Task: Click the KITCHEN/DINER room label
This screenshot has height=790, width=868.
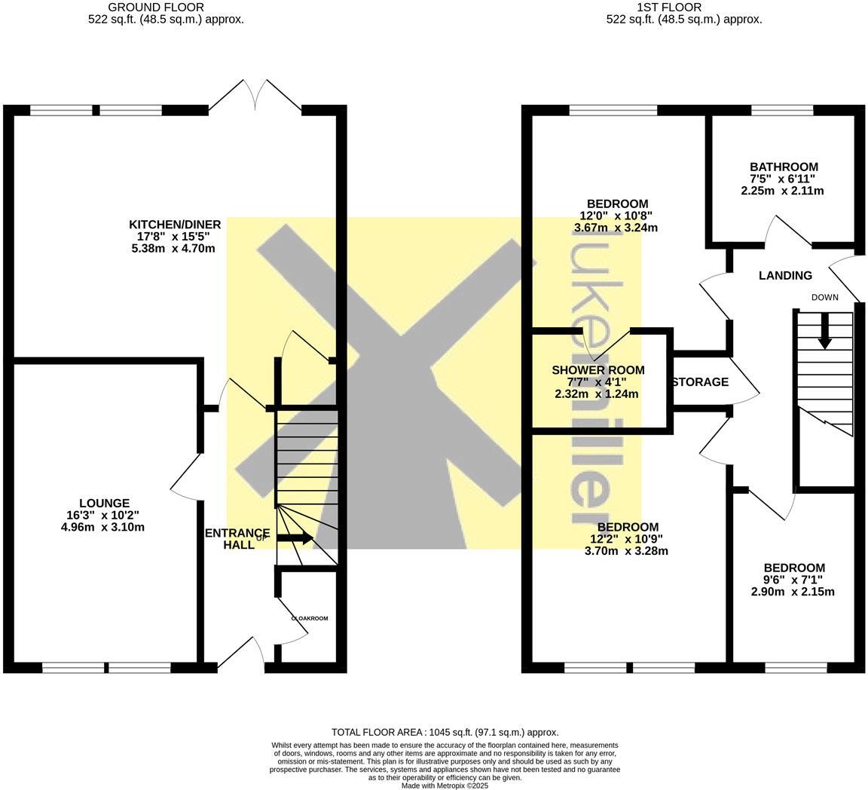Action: [175, 225]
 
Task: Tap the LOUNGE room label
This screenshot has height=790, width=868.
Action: [104, 504]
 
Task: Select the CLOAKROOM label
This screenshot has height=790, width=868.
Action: [310, 618]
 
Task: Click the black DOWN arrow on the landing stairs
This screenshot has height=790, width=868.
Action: [824, 332]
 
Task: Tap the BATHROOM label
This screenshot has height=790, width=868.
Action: [784, 167]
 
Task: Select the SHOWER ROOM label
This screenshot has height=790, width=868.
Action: [598, 370]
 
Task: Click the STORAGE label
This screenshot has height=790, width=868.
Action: [700, 382]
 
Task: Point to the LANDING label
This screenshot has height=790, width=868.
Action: [785, 276]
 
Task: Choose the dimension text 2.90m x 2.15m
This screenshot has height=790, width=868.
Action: [793, 592]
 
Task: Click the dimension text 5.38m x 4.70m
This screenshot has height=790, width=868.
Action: [175, 247]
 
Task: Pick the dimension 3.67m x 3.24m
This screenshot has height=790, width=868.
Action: [616, 227]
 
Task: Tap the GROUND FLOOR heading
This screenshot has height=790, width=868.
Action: [166, 8]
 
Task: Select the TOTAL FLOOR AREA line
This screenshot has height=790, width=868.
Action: [445, 732]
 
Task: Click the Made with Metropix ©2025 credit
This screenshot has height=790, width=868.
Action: [445, 785]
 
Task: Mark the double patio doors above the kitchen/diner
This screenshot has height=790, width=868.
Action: [255, 98]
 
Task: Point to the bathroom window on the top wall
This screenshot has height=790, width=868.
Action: [782, 110]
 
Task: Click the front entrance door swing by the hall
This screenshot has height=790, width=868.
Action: [249, 650]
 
